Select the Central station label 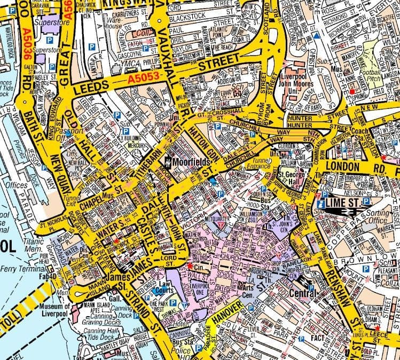[x=302, y=293]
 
